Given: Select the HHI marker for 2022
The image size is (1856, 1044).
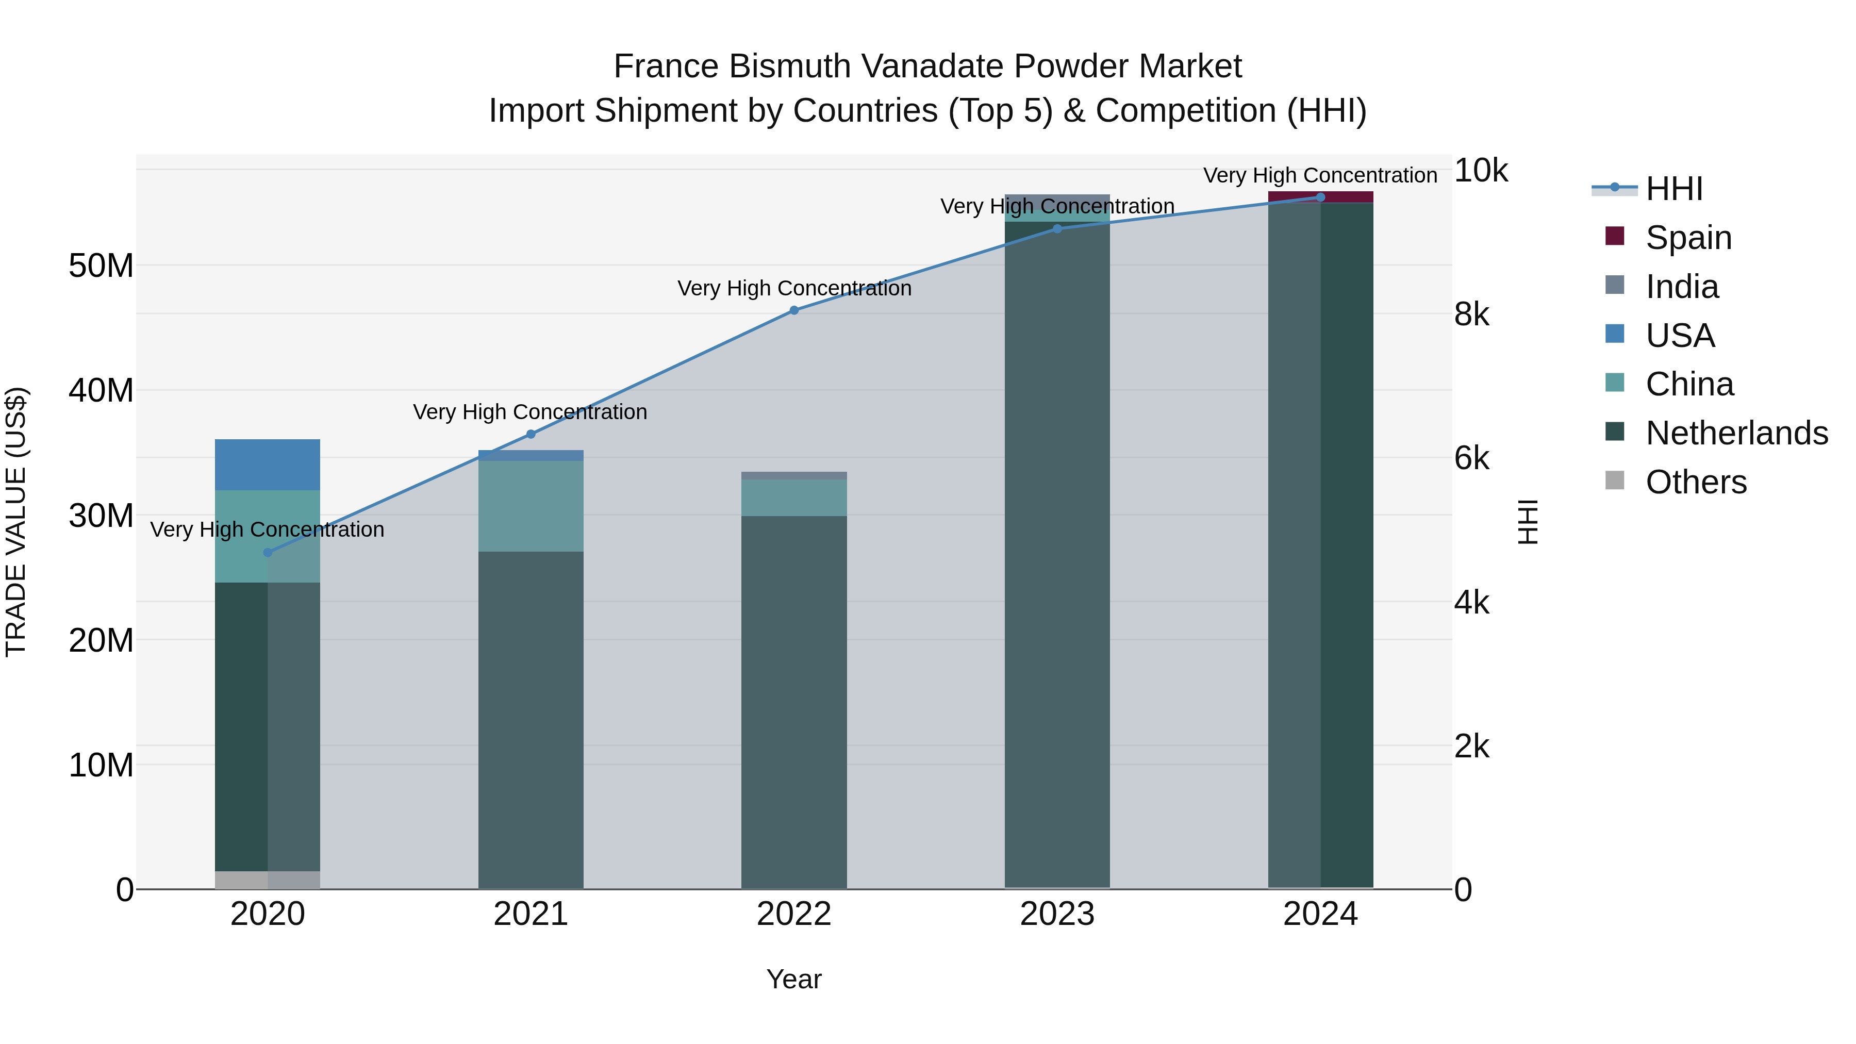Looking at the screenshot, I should (x=794, y=310).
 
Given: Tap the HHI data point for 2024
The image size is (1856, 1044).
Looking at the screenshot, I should (x=1320, y=197).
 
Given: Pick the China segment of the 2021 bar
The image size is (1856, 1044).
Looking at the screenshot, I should (x=531, y=506).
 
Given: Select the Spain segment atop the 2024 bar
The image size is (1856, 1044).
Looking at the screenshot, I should (x=1320, y=197).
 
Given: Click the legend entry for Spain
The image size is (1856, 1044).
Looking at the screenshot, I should (x=1688, y=238).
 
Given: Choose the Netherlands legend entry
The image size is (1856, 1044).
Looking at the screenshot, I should (x=1736, y=433).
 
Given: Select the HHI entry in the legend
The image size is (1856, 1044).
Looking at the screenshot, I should (x=1673, y=189).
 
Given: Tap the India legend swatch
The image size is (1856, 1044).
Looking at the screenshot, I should (x=1615, y=285).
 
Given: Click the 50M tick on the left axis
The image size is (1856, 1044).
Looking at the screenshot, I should (x=101, y=266).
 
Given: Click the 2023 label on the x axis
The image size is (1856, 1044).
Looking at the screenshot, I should (x=1057, y=914).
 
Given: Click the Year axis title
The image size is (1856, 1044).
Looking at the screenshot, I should (x=794, y=979).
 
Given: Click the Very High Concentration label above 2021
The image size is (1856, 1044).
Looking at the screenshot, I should (x=531, y=412).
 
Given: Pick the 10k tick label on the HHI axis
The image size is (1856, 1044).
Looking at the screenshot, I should (x=1481, y=171).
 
